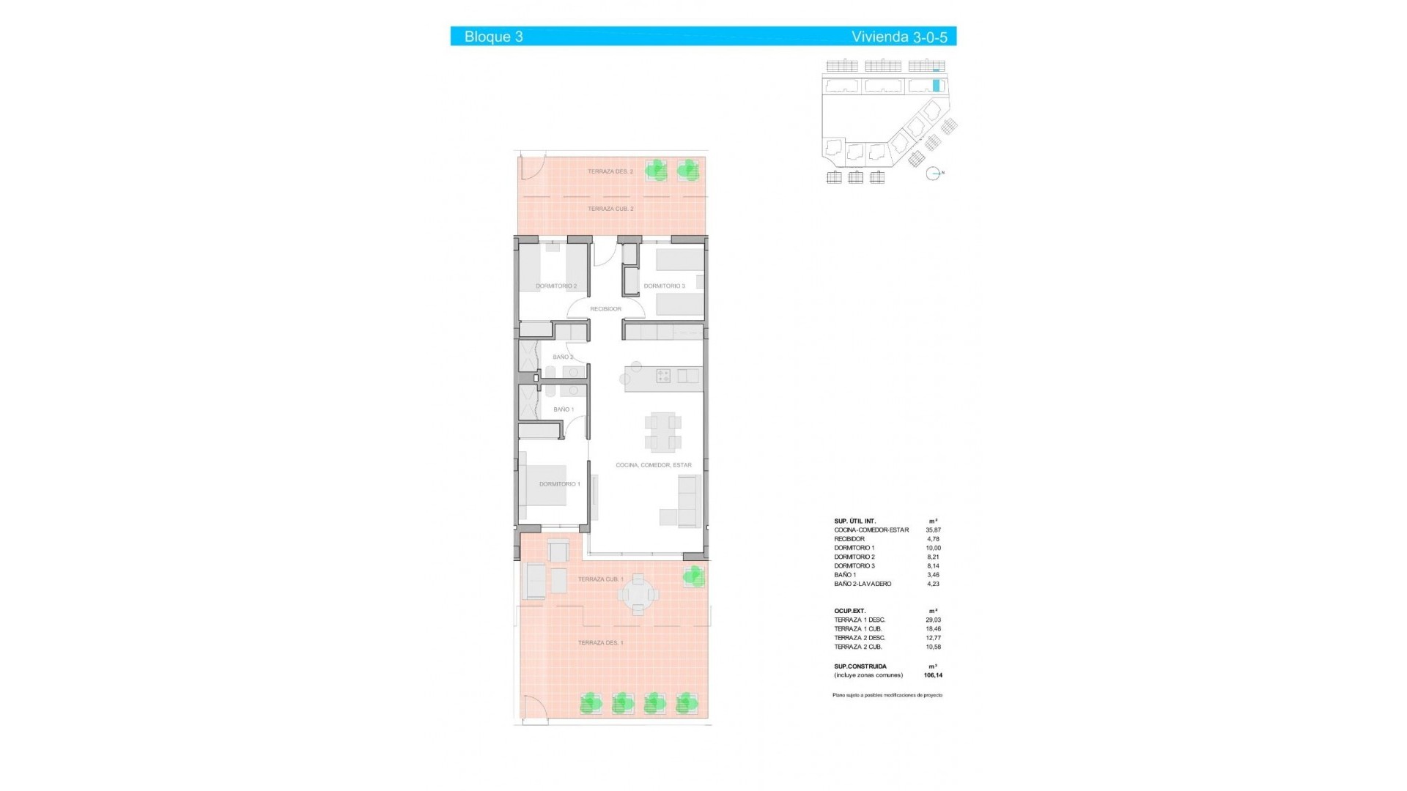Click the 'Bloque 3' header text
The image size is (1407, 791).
(x=493, y=37)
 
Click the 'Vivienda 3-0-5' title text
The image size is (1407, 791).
(x=898, y=37)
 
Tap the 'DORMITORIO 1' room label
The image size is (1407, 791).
(x=559, y=484)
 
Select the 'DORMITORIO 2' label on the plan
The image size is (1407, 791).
(x=556, y=286)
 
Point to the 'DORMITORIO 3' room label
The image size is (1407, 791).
(x=664, y=286)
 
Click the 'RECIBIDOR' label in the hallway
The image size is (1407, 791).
(x=605, y=309)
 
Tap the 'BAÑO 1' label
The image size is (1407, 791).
(x=564, y=409)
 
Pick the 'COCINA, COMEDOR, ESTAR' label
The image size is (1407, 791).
(x=653, y=465)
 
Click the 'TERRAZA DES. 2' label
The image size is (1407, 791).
(x=610, y=171)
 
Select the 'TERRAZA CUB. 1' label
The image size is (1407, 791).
(x=600, y=579)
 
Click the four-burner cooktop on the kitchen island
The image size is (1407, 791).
(x=663, y=376)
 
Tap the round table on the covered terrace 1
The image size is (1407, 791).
(x=639, y=594)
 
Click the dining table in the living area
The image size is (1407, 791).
(x=663, y=432)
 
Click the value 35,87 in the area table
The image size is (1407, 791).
(x=933, y=530)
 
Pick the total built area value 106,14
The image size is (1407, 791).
(x=933, y=675)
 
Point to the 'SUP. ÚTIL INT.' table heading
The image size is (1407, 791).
(x=854, y=521)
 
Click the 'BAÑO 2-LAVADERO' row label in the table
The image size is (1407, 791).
(x=863, y=584)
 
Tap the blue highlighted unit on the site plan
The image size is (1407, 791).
(x=936, y=85)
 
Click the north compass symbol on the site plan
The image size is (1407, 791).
(x=932, y=174)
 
